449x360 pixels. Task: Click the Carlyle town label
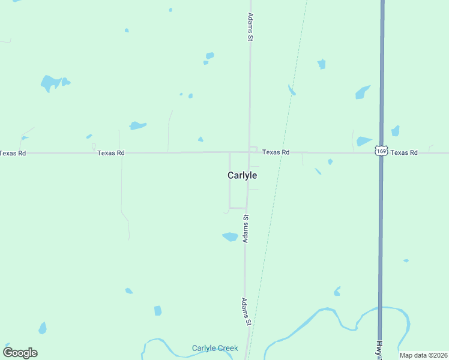pos(242,175)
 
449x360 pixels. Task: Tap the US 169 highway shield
pos(381,151)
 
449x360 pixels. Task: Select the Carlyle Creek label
pos(215,348)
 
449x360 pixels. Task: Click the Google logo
pos(20,353)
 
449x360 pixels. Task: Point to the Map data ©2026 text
pos(424,355)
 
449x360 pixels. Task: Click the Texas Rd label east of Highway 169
pos(404,153)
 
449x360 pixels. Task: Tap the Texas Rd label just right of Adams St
pos(276,152)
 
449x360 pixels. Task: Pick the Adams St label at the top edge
pos(251,27)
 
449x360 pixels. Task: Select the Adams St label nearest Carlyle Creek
pos(246,311)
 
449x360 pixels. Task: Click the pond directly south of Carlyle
pos(231,236)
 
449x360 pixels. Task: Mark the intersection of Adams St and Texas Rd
pos(249,152)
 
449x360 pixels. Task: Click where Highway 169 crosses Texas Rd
pos(381,153)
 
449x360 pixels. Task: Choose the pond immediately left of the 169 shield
pos(364,142)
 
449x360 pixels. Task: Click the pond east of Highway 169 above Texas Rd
pos(395,131)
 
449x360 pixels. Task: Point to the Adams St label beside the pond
pos(246,229)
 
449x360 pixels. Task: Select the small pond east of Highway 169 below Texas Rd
pos(406,260)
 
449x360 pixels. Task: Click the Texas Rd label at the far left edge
pos(13,153)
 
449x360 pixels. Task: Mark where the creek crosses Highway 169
pos(381,308)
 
